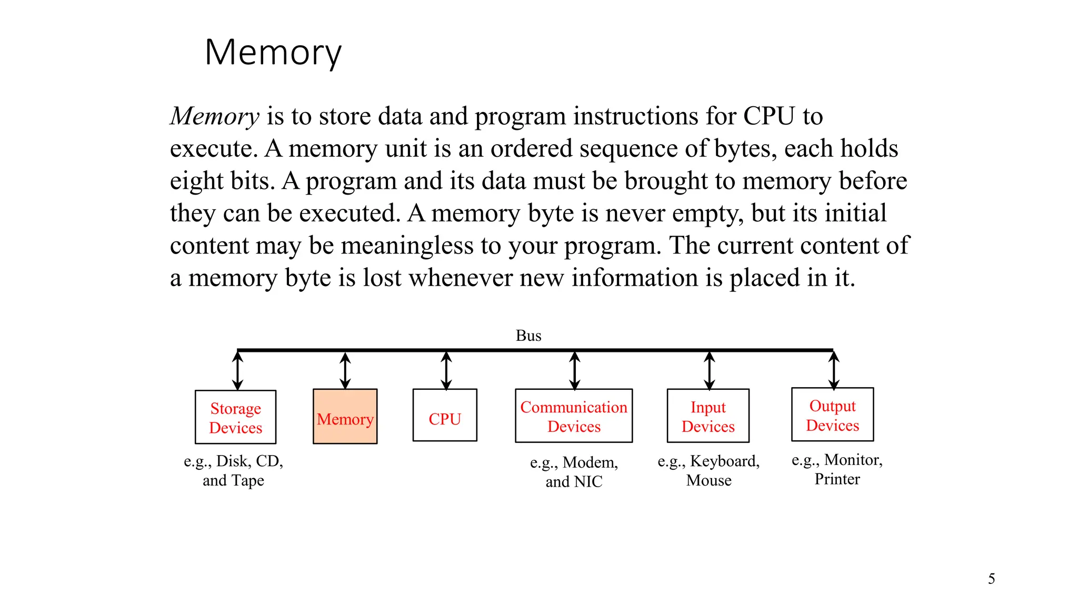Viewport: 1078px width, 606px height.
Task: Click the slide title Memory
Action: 273,53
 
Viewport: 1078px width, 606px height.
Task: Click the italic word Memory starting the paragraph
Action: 215,116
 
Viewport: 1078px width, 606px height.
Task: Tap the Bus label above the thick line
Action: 528,336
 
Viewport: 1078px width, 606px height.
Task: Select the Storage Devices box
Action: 235,417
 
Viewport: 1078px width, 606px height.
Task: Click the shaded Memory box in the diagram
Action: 345,417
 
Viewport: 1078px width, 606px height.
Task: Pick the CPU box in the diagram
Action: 445,415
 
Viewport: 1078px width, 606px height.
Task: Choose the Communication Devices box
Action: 573,416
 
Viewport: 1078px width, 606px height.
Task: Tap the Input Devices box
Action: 708,416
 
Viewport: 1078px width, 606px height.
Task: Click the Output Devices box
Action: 832,415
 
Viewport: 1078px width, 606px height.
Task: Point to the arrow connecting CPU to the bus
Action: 446,370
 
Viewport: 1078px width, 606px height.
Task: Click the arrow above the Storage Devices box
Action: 238,370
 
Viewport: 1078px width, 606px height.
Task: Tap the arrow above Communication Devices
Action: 575,370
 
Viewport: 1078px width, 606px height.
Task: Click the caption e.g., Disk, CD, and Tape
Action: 233,470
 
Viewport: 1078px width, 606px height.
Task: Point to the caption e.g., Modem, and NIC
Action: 574,472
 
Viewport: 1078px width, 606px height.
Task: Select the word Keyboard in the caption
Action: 724,461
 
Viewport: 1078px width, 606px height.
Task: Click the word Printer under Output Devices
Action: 837,479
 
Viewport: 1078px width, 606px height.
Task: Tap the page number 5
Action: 991,579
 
